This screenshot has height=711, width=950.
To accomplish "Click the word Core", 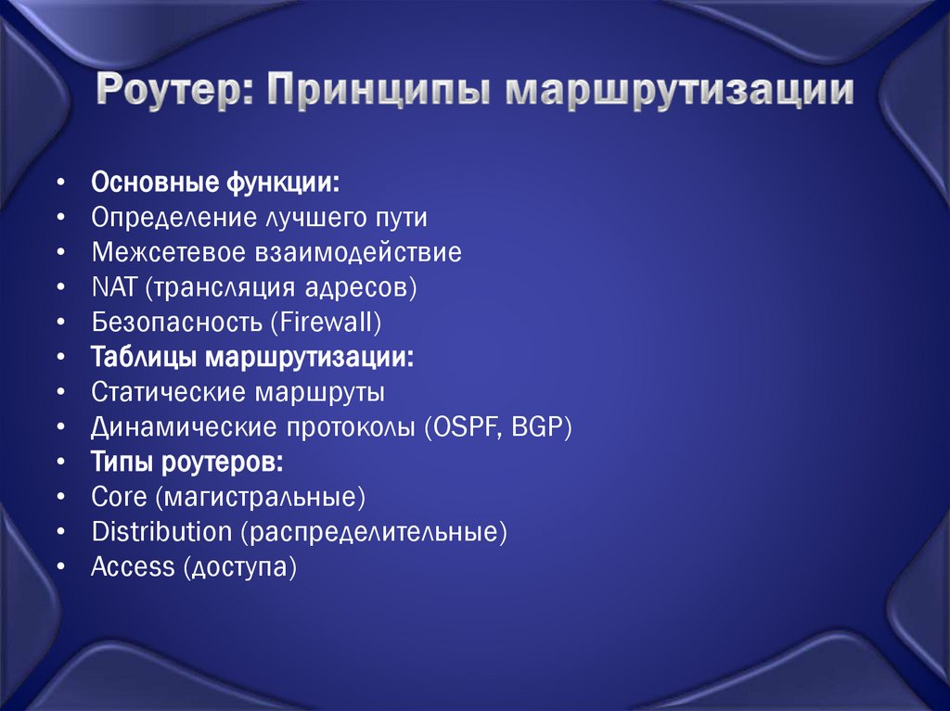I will (x=119, y=498).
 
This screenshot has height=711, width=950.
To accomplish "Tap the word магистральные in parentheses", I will (x=262, y=498).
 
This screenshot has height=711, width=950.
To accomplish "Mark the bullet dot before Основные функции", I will (x=60, y=182).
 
